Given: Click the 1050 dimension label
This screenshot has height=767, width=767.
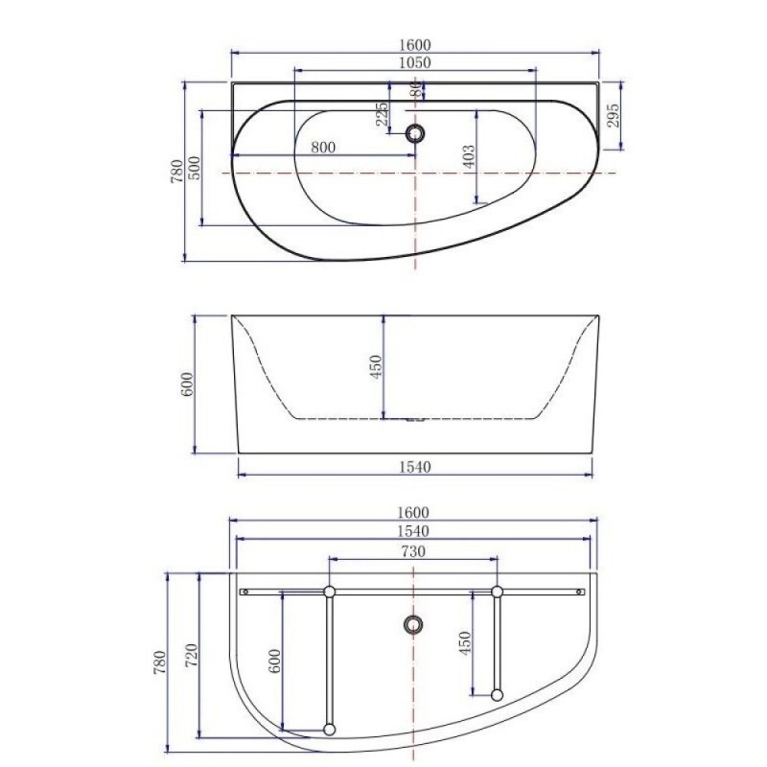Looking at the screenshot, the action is (415, 62).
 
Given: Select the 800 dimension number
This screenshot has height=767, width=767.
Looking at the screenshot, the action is (323, 147).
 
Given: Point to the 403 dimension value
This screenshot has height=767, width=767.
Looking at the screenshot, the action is (469, 156).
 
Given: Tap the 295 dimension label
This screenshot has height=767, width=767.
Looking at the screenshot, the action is (614, 115).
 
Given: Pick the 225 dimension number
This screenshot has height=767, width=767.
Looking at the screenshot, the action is (383, 113).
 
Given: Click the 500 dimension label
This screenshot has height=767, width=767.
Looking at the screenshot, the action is (195, 168).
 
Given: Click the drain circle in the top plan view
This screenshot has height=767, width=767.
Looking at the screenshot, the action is (415, 132).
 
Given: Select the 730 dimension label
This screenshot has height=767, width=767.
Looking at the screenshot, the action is (413, 551).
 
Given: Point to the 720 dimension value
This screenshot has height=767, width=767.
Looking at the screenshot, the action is (191, 656).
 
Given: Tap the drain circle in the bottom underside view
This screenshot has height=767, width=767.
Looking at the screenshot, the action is (414, 624).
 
